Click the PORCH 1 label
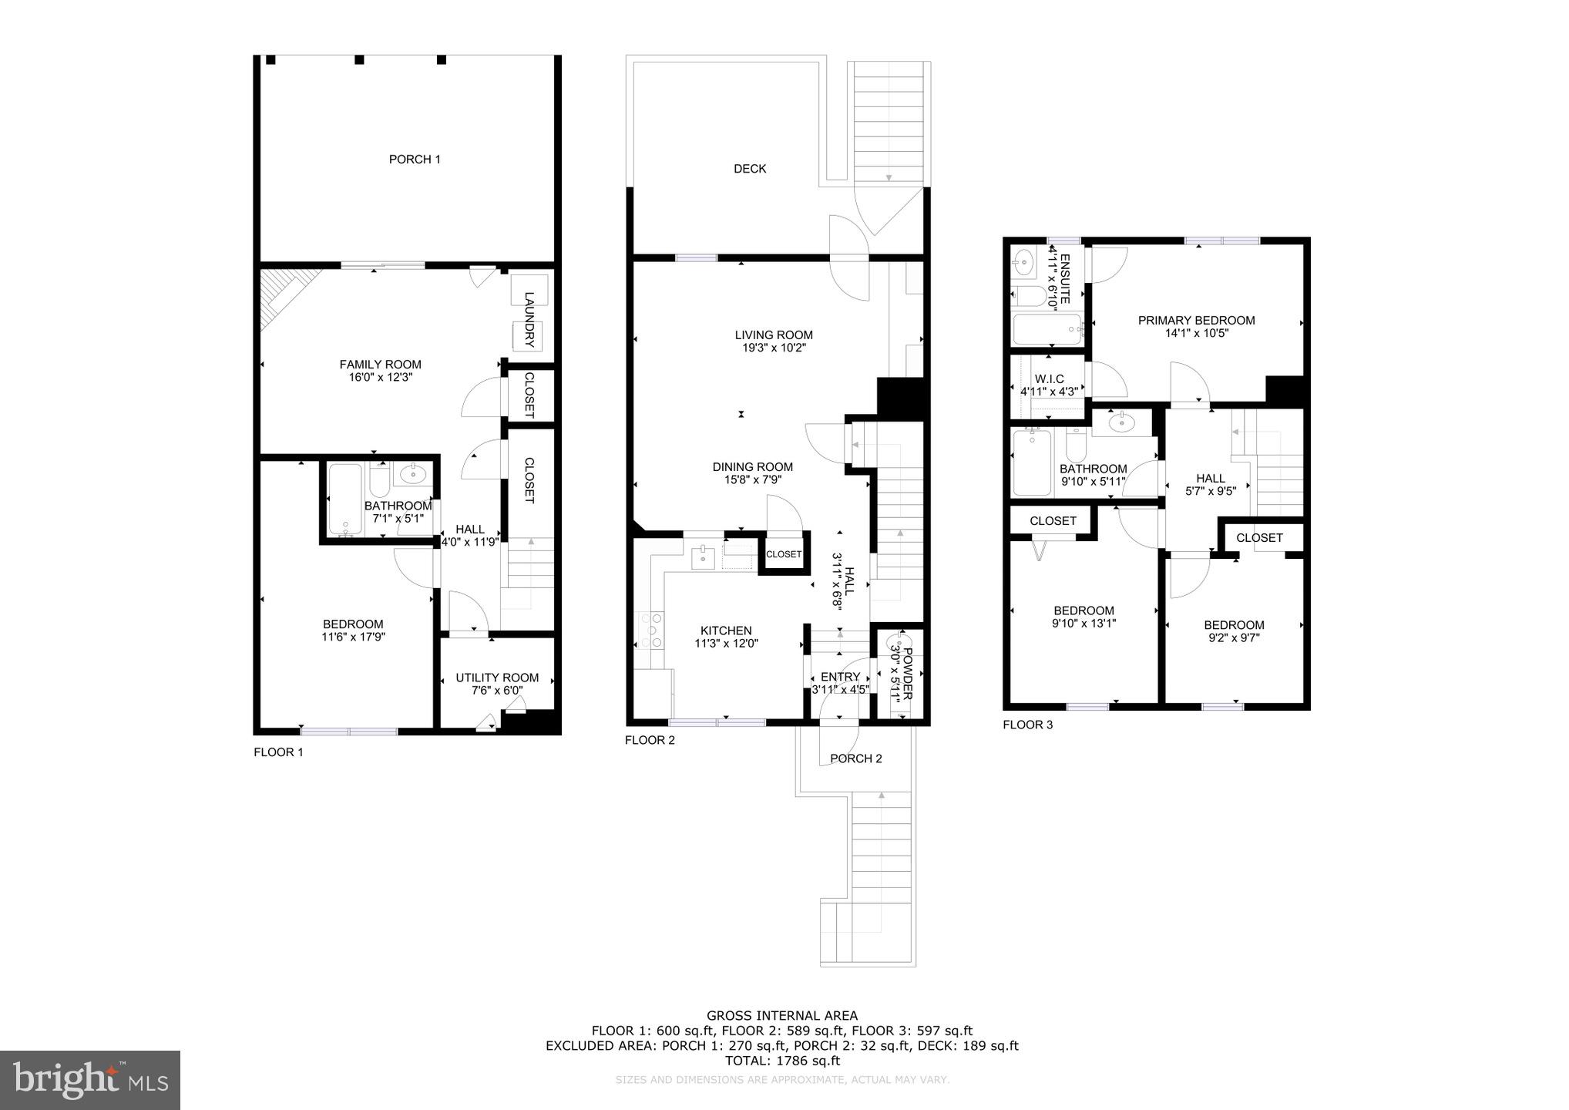tap(415, 160)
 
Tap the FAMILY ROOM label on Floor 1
tap(381, 365)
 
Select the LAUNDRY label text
tap(529, 318)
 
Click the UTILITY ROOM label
tap(497, 678)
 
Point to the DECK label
tap(750, 169)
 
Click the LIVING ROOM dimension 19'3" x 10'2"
tap(774, 348)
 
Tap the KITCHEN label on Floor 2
tap(726, 631)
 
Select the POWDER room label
tap(907, 673)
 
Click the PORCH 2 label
tap(855, 758)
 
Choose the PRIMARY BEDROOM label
tap(1196, 321)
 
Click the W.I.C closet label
tap(1049, 379)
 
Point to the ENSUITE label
tap(1065, 278)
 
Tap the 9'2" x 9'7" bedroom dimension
tap(1234, 638)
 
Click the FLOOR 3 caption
tap(1027, 725)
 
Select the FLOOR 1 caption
tap(278, 752)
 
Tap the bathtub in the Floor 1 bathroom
tap(344, 499)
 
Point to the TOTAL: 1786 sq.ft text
tap(782, 1061)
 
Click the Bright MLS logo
tap(90, 1080)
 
